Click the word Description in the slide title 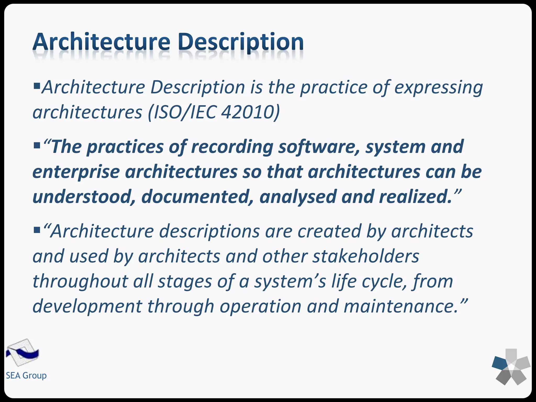click(x=241, y=42)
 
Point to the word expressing click(x=438, y=88)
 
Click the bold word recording click(x=232, y=147)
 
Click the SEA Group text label click(x=26, y=376)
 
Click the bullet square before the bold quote click(x=37, y=145)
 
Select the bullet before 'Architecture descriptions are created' click(x=37, y=230)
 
